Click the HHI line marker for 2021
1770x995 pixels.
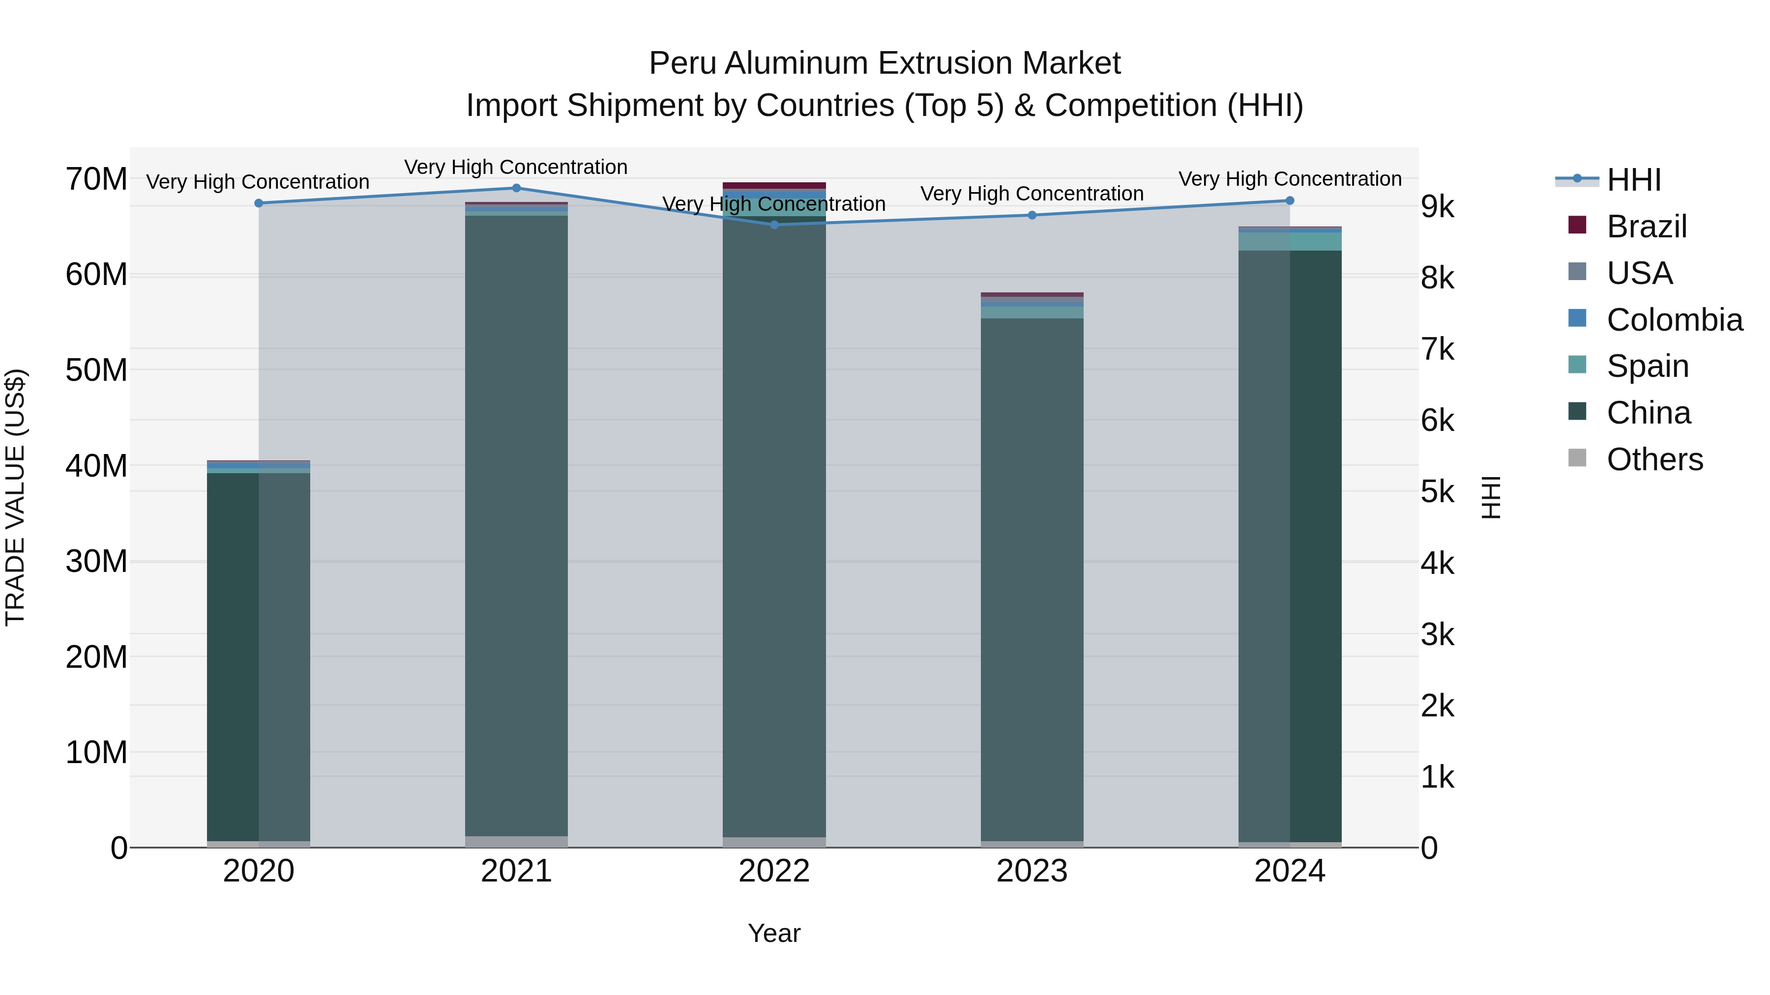[x=517, y=188]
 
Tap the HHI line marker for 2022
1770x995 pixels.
[x=774, y=225]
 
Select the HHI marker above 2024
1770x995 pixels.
[x=1290, y=200]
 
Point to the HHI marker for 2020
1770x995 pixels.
[x=259, y=203]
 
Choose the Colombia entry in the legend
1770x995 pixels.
[x=1675, y=320]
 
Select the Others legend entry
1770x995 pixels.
[x=1654, y=459]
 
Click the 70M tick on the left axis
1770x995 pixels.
[x=96, y=179]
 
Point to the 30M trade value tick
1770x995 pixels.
[x=96, y=562]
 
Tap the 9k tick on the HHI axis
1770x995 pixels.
[x=1438, y=207]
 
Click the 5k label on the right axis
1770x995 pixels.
[x=1438, y=492]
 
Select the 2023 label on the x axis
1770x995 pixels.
[x=1032, y=871]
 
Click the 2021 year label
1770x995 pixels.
[x=517, y=871]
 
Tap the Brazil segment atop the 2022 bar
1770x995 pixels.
[x=774, y=185]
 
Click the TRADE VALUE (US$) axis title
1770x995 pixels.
[x=15, y=497]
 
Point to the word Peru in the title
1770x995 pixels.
[x=682, y=63]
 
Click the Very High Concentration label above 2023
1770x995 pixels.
[x=1032, y=194]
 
